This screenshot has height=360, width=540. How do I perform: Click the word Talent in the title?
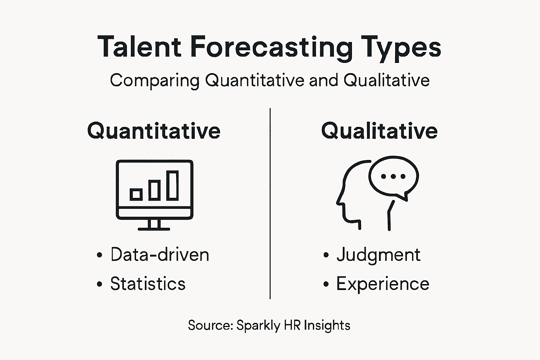pyautogui.click(x=140, y=47)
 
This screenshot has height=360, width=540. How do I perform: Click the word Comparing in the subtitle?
pyautogui.click(x=155, y=81)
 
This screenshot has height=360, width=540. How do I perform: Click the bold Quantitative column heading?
pyautogui.click(x=154, y=131)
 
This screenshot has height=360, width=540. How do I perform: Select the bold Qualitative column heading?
pyautogui.click(x=379, y=131)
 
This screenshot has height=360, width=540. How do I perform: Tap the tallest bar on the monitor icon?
pyautogui.click(x=173, y=185)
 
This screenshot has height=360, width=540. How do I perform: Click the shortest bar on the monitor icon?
pyautogui.click(x=136, y=194)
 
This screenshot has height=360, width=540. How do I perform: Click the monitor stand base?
pyautogui.click(x=154, y=229)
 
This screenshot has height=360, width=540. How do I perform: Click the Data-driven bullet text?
pyautogui.click(x=160, y=255)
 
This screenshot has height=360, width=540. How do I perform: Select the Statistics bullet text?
pyautogui.click(x=148, y=284)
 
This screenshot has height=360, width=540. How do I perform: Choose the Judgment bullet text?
pyautogui.click(x=378, y=255)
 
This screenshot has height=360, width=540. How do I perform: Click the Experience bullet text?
pyautogui.click(x=382, y=284)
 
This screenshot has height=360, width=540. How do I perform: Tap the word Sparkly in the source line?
pyautogui.click(x=258, y=325)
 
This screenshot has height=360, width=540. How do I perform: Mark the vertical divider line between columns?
pyautogui.click(x=270, y=204)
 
